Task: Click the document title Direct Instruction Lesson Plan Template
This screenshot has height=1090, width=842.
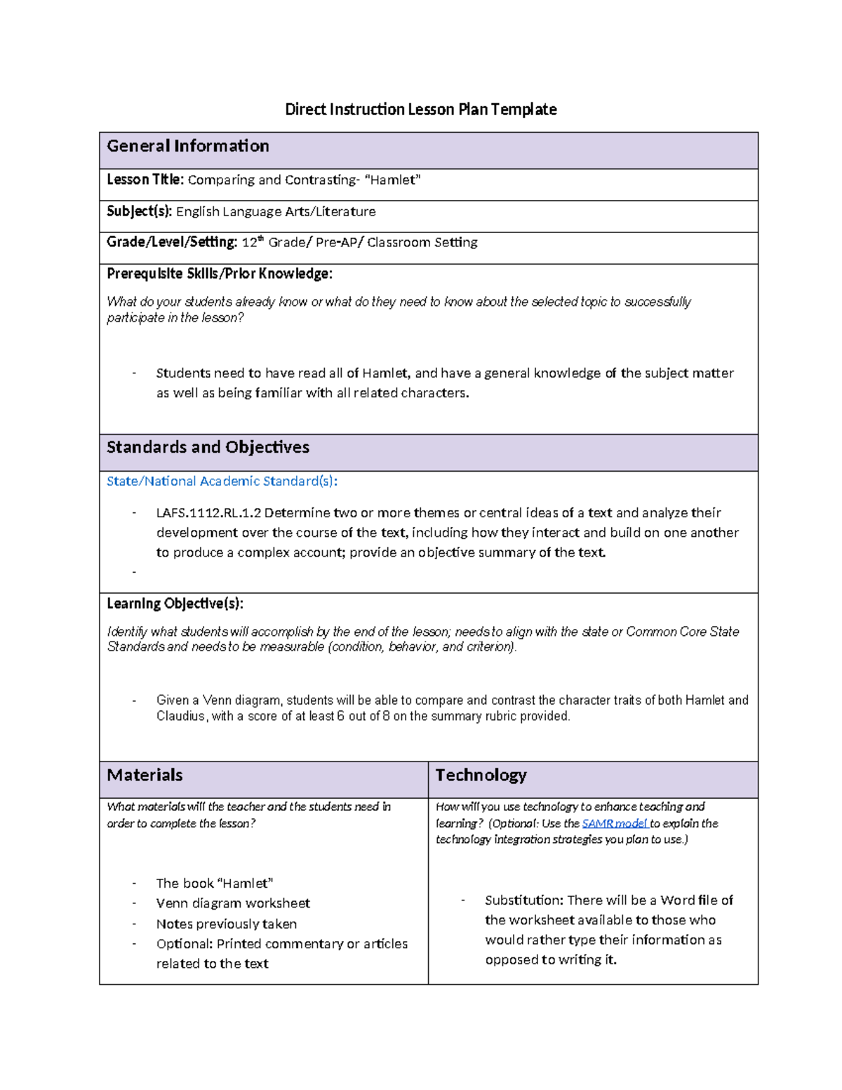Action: (420, 109)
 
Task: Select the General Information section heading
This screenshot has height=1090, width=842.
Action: (187, 146)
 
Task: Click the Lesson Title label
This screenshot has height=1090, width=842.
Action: (145, 180)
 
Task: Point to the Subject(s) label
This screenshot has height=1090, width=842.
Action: (139, 211)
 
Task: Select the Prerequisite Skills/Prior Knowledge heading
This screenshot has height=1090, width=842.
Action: (219, 274)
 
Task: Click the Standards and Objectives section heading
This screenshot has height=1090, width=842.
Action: (208, 447)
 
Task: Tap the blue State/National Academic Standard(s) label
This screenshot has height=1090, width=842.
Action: (222, 481)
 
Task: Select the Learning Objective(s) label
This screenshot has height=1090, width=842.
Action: (175, 604)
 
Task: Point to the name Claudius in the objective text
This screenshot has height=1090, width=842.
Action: (181, 717)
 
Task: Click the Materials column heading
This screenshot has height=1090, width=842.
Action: (145, 775)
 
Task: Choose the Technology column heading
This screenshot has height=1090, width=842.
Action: (481, 775)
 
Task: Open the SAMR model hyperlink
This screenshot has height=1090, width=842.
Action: (614, 823)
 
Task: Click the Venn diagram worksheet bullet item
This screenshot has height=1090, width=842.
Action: (233, 903)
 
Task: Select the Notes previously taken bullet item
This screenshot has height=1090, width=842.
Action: (226, 924)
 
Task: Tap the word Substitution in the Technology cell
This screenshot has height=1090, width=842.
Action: (523, 900)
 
